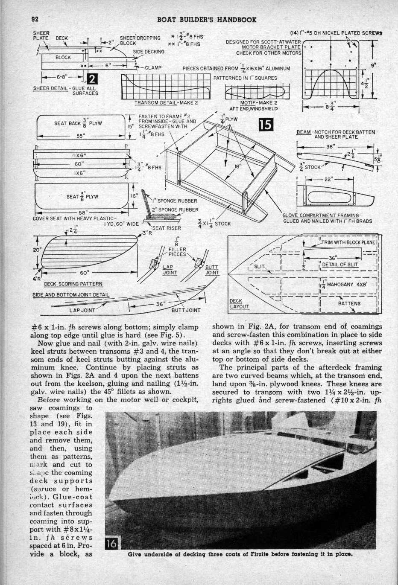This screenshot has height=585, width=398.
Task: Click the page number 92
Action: coord(35,19)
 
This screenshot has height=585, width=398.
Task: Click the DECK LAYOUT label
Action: coord(239,303)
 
